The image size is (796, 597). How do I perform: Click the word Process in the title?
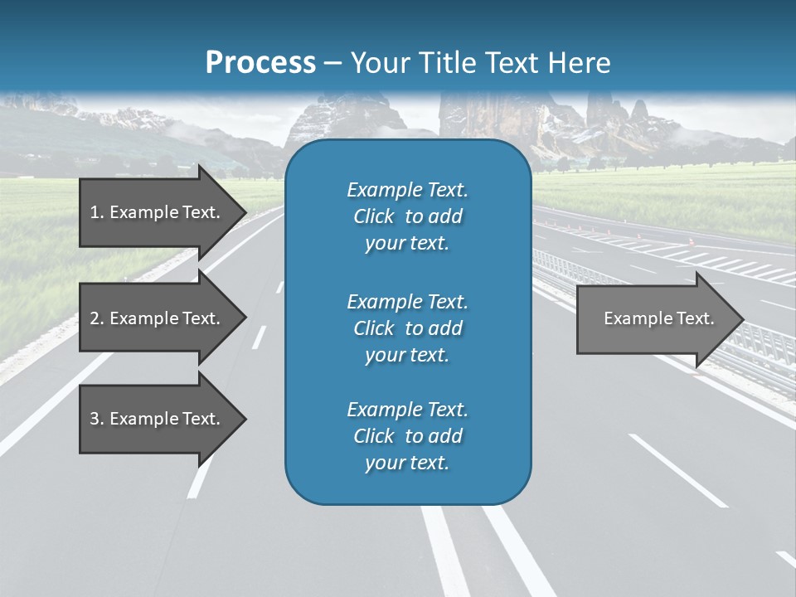260,63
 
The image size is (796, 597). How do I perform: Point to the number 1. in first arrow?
97,212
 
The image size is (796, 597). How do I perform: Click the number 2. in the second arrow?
97,318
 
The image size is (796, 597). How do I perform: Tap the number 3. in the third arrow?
97,419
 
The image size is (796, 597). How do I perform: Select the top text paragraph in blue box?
407,216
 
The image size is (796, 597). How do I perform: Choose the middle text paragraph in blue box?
407,328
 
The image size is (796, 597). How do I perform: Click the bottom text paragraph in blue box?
407,436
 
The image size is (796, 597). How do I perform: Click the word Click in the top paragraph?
374,216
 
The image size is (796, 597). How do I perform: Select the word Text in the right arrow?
695,318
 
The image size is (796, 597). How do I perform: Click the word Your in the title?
377,63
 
